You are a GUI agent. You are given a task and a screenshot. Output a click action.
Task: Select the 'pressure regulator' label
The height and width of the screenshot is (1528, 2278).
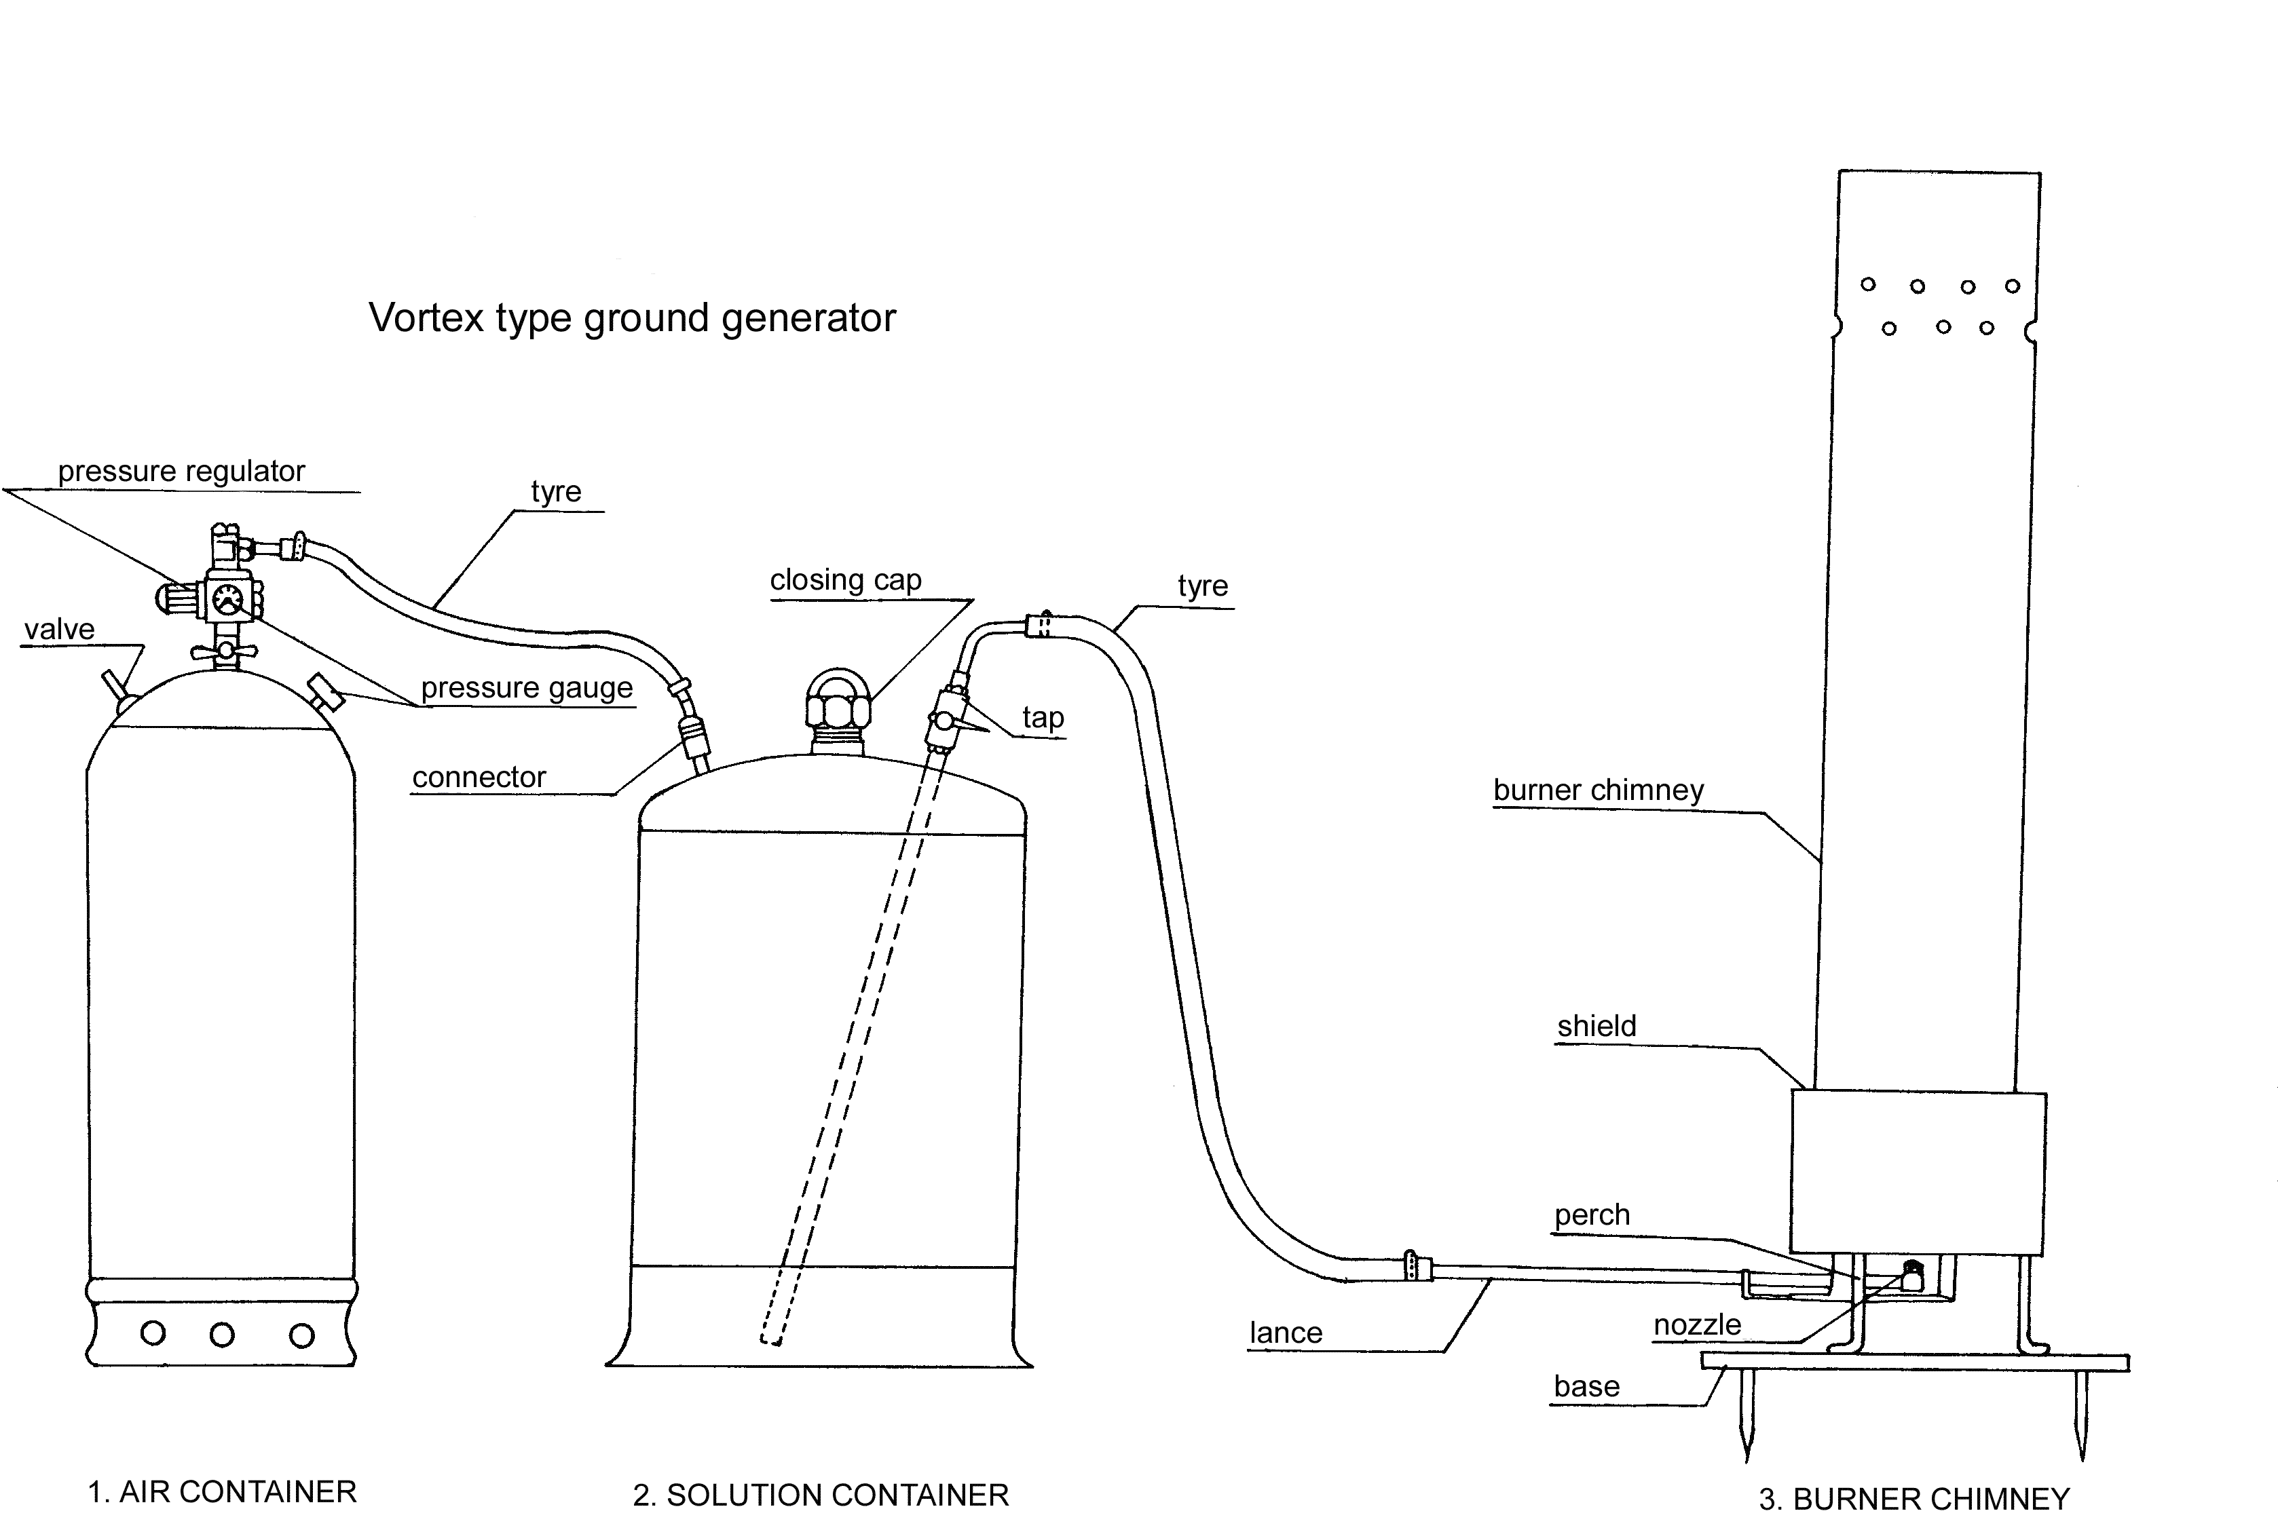tap(181, 472)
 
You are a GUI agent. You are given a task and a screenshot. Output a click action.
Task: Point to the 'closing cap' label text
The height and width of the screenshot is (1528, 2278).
tap(845, 580)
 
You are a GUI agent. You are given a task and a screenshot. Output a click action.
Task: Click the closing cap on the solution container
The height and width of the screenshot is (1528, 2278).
tap(838, 701)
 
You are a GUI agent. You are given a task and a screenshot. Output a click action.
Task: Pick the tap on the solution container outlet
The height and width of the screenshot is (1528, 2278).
tap(946, 721)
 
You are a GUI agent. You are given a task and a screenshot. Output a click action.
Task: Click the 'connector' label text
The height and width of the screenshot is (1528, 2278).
tap(479, 778)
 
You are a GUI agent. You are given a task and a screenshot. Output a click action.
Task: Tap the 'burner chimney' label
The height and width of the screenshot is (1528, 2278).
tap(1598, 790)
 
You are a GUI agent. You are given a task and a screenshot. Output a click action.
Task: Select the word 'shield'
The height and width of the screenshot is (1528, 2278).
tap(1596, 1026)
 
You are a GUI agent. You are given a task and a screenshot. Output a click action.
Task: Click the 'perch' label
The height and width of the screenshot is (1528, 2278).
tap(1592, 1215)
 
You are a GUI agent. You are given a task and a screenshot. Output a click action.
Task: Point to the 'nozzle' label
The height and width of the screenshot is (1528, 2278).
tap(1697, 1325)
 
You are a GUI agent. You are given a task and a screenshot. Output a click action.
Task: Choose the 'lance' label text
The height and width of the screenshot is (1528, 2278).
tap(1286, 1333)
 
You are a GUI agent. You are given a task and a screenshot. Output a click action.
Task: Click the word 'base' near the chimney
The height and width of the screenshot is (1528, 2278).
tap(1586, 1387)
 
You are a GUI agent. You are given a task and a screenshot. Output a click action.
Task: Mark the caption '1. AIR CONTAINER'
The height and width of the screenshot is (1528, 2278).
tap(222, 1492)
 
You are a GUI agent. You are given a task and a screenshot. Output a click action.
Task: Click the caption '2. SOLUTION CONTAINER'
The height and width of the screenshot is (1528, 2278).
tap(820, 1495)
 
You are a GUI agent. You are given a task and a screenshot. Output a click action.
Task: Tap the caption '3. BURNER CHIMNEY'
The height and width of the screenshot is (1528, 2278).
tap(1913, 1499)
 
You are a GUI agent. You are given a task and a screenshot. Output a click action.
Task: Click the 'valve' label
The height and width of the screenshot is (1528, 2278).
tap(60, 630)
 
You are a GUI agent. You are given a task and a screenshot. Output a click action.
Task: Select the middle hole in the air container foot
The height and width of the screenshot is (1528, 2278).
tap(222, 1334)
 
